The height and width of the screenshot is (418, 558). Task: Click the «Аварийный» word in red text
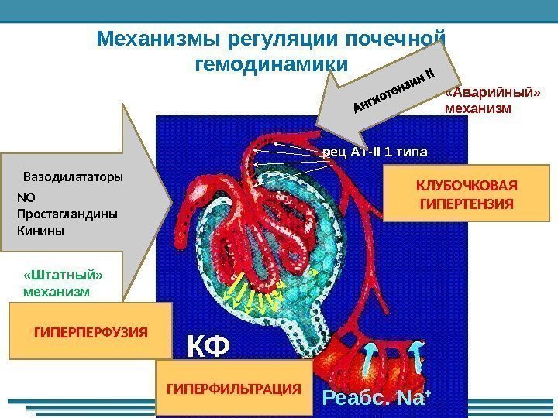tap(492, 93)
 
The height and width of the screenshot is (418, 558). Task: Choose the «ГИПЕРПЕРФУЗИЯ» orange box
tap(90, 331)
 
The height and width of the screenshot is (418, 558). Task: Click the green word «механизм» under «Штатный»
tap(57, 293)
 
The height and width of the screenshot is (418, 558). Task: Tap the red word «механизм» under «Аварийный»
tap(479, 108)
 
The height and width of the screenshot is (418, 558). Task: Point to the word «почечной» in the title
tap(394, 38)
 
